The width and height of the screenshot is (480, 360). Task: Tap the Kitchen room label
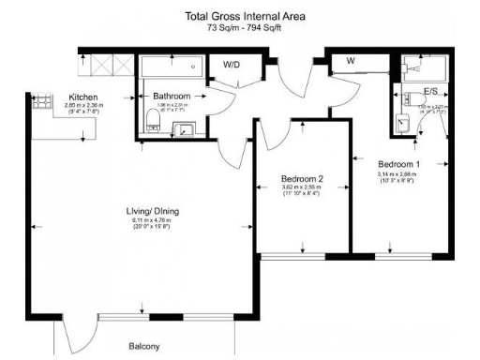pyautogui.click(x=85, y=97)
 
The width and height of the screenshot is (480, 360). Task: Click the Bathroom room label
pyautogui.click(x=173, y=97)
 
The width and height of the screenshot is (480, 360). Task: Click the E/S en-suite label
pyautogui.click(x=431, y=92)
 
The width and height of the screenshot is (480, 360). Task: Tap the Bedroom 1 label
pyautogui.click(x=398, y=164)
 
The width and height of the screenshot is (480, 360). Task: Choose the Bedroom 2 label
pyautogui.click(x=302, y=178)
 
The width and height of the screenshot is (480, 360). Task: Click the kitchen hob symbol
pyautogui.click(x=42, y=105)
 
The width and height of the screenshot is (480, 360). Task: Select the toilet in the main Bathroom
pyautogui.click(x=152, y=118)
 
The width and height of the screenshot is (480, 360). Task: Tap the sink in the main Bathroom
pyautogui.click(x=185, y=130)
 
